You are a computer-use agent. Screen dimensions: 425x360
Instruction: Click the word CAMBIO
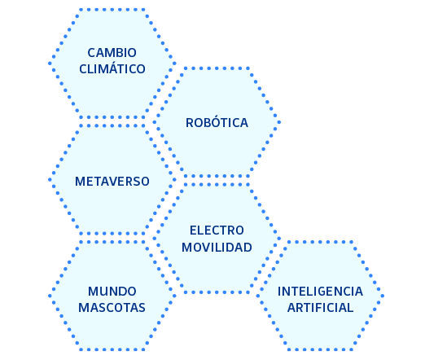coord(112,53)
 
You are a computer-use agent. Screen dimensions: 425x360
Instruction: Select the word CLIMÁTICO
coord(112,68)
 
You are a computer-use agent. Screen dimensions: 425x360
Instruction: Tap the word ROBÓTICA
coord(217,122)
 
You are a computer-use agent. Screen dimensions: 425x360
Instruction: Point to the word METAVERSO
coord(112,182)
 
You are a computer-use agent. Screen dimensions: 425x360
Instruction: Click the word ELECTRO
coord(217,230)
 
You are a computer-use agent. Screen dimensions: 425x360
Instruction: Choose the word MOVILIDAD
coord(217,248)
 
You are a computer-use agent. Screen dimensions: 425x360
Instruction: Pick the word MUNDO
coord(112,292)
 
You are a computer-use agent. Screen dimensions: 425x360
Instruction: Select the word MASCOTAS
coord(112,308)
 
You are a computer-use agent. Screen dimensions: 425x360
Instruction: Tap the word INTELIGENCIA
coord(320,292)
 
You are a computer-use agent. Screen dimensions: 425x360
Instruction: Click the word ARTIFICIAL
coord(320,308)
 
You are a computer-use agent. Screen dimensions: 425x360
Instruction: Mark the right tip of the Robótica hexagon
coord(279,122)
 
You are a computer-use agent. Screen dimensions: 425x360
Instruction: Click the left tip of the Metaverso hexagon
coord(50,179)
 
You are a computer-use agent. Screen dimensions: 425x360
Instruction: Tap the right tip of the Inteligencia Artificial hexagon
coord(383,296)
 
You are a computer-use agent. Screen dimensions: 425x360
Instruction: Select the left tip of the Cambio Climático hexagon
coord(50,64)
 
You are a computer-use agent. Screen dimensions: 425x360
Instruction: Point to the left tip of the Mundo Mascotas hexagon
coord(50,296)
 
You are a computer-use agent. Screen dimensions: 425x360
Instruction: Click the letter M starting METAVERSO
coord(80,182)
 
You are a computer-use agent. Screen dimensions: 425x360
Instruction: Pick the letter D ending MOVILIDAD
coord(248,248)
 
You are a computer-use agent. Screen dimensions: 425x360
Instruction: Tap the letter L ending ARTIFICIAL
coord(351,308)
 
